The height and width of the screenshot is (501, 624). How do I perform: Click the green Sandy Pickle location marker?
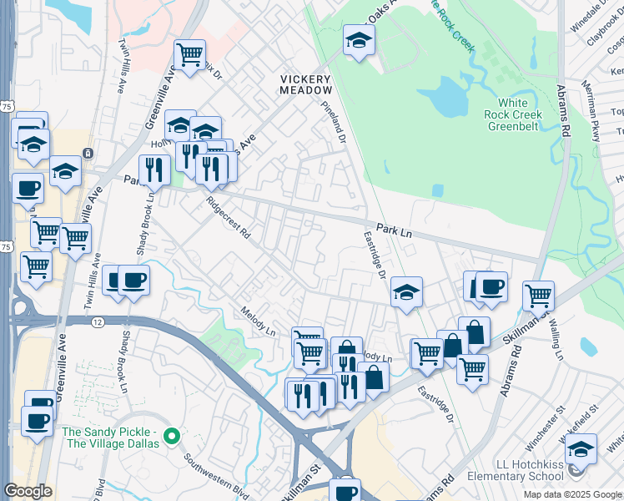pyautogui.click(x=172, y=436)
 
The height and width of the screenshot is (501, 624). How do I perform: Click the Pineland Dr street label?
pyautogui.click(x=334, y=122)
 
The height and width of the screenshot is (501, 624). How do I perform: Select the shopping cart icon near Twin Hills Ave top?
pyautogui.click(x=189, y=55)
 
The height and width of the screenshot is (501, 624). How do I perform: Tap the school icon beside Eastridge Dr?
pyautogui.click(x=406, y=291)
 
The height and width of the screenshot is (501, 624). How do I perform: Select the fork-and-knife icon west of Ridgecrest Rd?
pyautogui.click(x=153, y=169)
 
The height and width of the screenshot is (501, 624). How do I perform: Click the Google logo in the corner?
pyautogui.click(x=28, y=491)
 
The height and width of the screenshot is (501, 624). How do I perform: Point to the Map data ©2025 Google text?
pyautogui.click(x=571, y=494)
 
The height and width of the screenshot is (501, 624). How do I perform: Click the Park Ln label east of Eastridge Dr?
pyautogui.click(x=394, y=230)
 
